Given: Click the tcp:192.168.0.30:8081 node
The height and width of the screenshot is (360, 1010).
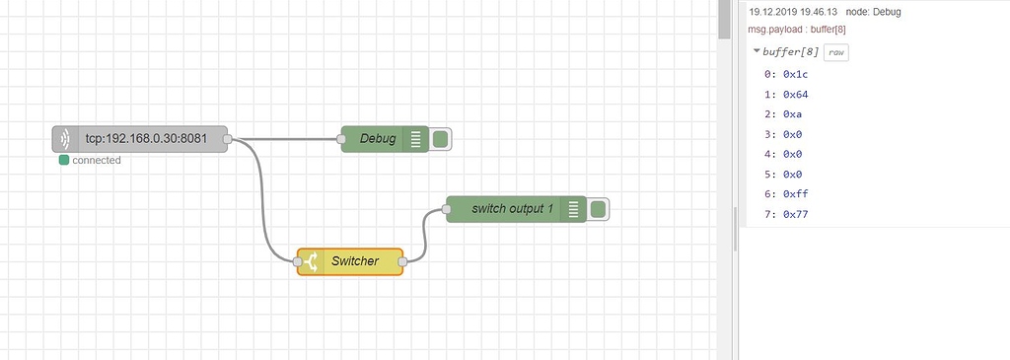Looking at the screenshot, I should pyautogui.click(x=139, y=139).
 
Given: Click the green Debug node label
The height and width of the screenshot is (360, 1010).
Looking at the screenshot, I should pyautogui.click(x=378, y=139).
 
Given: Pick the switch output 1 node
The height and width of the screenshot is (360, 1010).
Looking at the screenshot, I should pyautogui.click(x=512, y=209).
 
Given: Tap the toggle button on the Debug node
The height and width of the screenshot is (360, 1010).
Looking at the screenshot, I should pyautogui.click(x=440, y=139).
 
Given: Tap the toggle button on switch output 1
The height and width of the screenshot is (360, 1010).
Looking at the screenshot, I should pyautogui.click(x=598, y=209).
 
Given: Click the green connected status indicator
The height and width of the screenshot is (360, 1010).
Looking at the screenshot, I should pyautogui.click(x=64, y=160).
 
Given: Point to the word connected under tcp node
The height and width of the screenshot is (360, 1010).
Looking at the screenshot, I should pyautogui.click(x=97, y=160).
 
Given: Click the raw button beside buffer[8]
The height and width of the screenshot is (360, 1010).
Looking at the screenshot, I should pyautogui.click(x=836, y=51).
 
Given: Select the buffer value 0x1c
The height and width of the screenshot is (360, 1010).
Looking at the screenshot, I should pyautogui.click(x=795, y=74).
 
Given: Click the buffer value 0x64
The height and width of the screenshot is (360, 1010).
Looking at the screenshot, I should pyautogui.click(x=795, y=95).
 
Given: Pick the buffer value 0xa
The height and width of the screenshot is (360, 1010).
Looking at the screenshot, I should pyautogui.click(x=792, y=114).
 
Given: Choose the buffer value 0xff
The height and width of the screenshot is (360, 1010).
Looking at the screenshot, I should pyautogui.click(x=795, y=194).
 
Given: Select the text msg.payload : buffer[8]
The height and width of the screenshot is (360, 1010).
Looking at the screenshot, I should pyautogui.click(x=803, y=30).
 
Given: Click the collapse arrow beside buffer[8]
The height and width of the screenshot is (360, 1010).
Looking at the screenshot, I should pyautogui.click(x=756, y=51).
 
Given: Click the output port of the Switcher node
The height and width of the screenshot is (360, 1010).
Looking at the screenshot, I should pyautogui.click(x=402, y=261).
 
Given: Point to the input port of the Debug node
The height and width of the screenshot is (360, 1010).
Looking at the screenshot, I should pyautogui.click(x=341, y=139).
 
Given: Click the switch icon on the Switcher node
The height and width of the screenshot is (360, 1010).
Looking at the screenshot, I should pyautogui.click(x=312, y=261).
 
